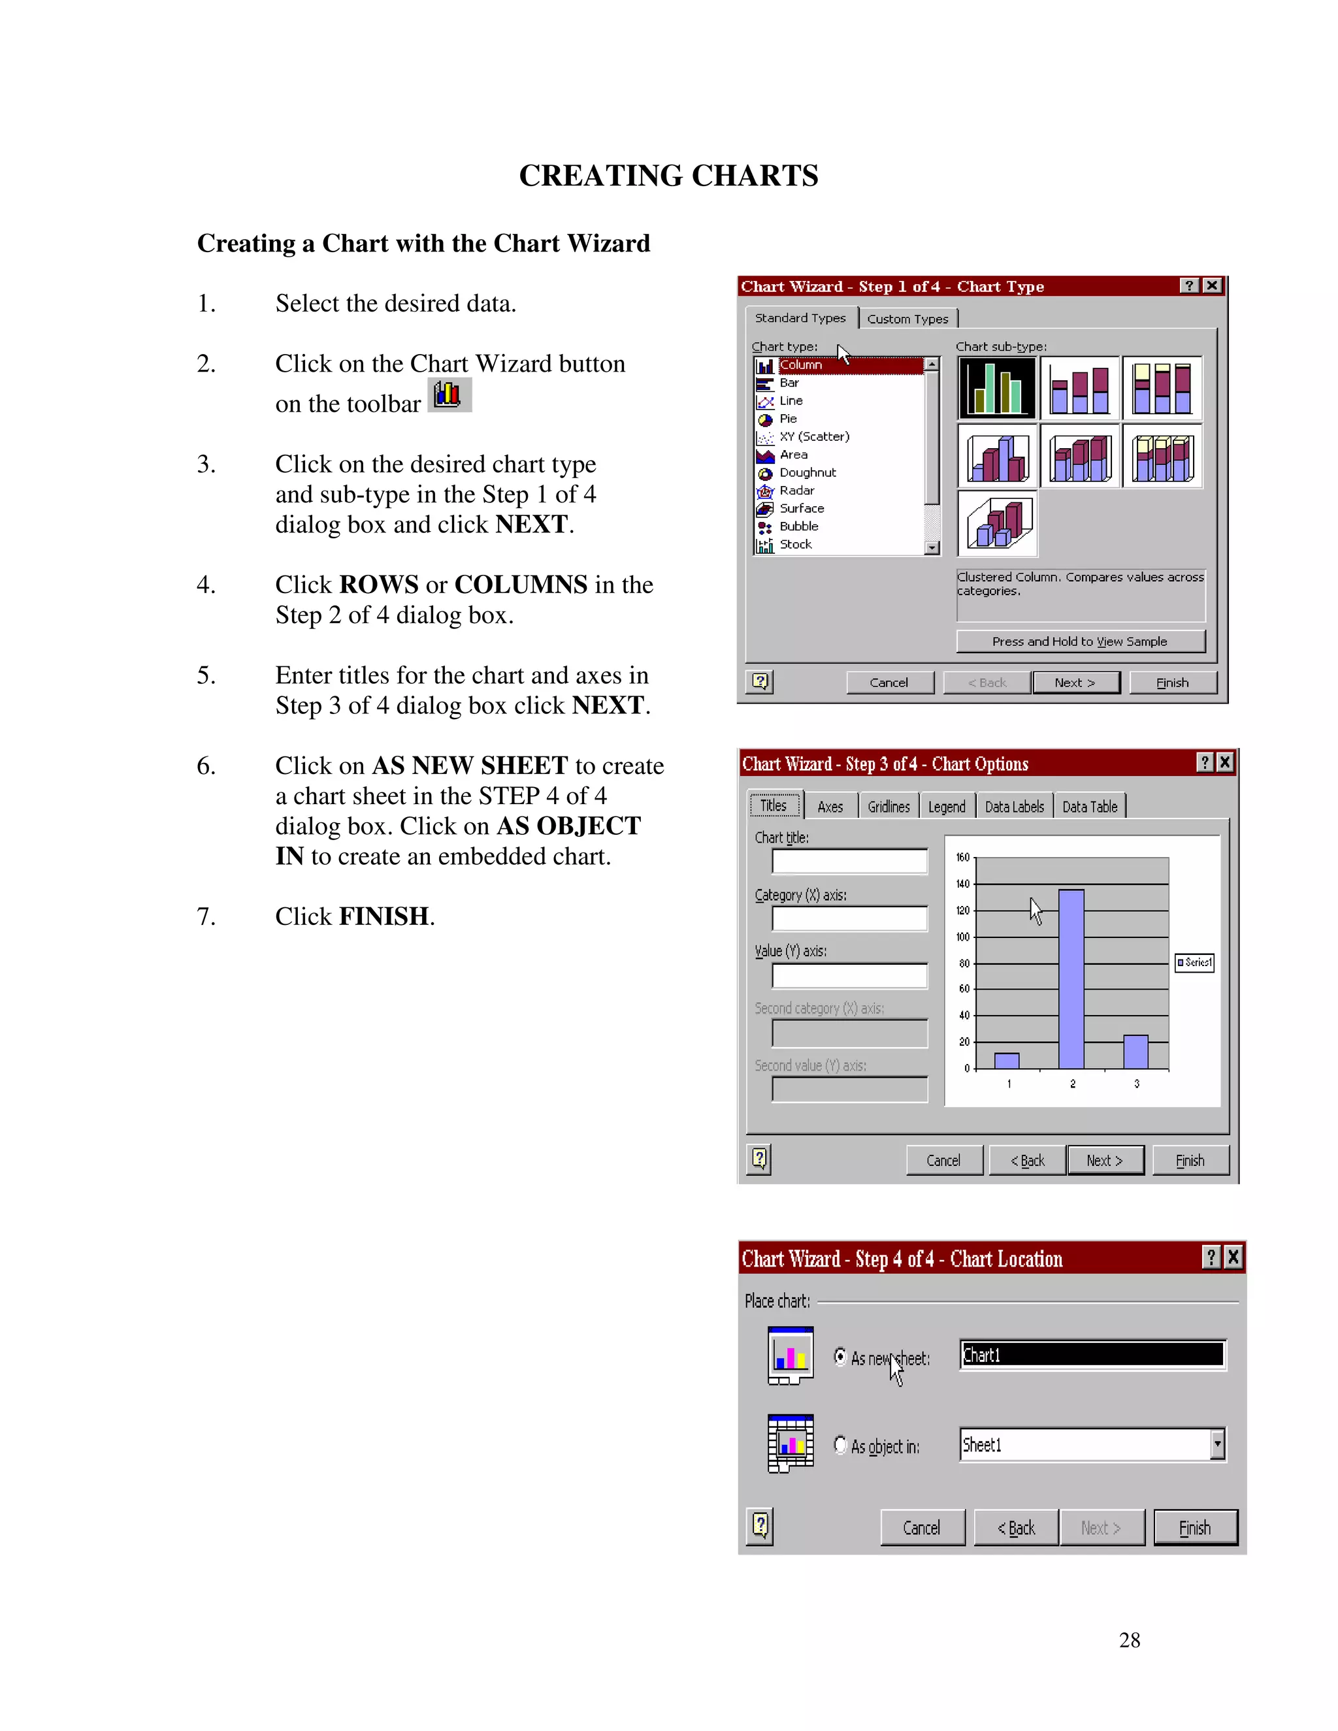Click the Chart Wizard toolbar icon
click(449, 395)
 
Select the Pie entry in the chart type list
click(788, 419)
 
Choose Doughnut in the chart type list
click(807, 472)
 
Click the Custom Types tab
click(907, 319)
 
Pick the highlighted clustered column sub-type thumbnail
click(997, 387)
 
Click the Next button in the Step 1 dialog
click(1075, 683)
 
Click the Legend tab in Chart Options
click(947, 807)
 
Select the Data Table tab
click(1089, 807)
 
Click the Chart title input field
click(850, 862)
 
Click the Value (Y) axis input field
click(850, 976)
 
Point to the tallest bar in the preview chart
click(1071, 979)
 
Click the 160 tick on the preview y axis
click(963, 858)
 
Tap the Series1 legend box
click(1194, 962)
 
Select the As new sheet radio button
click(840, 1357)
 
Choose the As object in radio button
click(840, 1445)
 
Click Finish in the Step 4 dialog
click(1194, 1527)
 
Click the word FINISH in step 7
click(383, 916)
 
